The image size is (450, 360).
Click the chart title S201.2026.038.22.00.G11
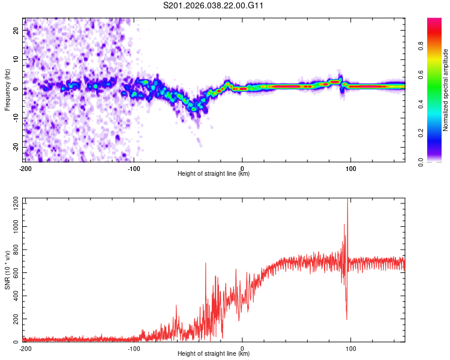tap(214, 6)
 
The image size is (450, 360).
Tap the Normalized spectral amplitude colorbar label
tap(446, 90)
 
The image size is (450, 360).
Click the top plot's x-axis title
tap(214, 174)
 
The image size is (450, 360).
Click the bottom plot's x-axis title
tap(214, 354)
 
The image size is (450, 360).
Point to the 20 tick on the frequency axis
tap(16, 30)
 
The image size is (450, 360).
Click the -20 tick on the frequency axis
tap(15, 147)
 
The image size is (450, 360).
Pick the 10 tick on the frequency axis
tap(16, 59)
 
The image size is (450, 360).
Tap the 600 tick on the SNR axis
tap(14, 273)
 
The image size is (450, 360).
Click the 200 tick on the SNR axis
tap(14, 319)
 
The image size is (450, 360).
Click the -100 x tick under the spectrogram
tap(133, 168)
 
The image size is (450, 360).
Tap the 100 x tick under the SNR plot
tap(351, 348)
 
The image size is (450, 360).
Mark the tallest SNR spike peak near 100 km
tap(347, 200)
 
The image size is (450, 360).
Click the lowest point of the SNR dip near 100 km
tap(347, 319)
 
